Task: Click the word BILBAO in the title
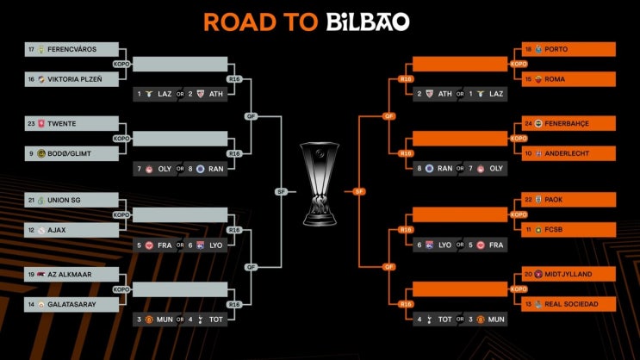(368, 22)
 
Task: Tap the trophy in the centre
(320, 183)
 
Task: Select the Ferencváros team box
(71, 49)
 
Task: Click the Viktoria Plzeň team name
(75, 79)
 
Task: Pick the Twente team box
(71, 124)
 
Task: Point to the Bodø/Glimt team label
(70, 154)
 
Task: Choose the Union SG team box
(71, 200)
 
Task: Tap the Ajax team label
(57, 230)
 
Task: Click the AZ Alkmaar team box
(71, 275)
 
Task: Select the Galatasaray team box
(71, 305)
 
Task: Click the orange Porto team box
(569, 49)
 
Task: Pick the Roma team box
(569, 79)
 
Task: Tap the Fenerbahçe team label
(567, 123)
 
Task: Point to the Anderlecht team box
(569, 153)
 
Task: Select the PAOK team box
(569, 200)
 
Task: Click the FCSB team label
(554, 230)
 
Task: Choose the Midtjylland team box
(569, 274)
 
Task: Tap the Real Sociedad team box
(569, 304)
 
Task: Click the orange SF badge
(359, 191)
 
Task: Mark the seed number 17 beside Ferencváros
(31, 49)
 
